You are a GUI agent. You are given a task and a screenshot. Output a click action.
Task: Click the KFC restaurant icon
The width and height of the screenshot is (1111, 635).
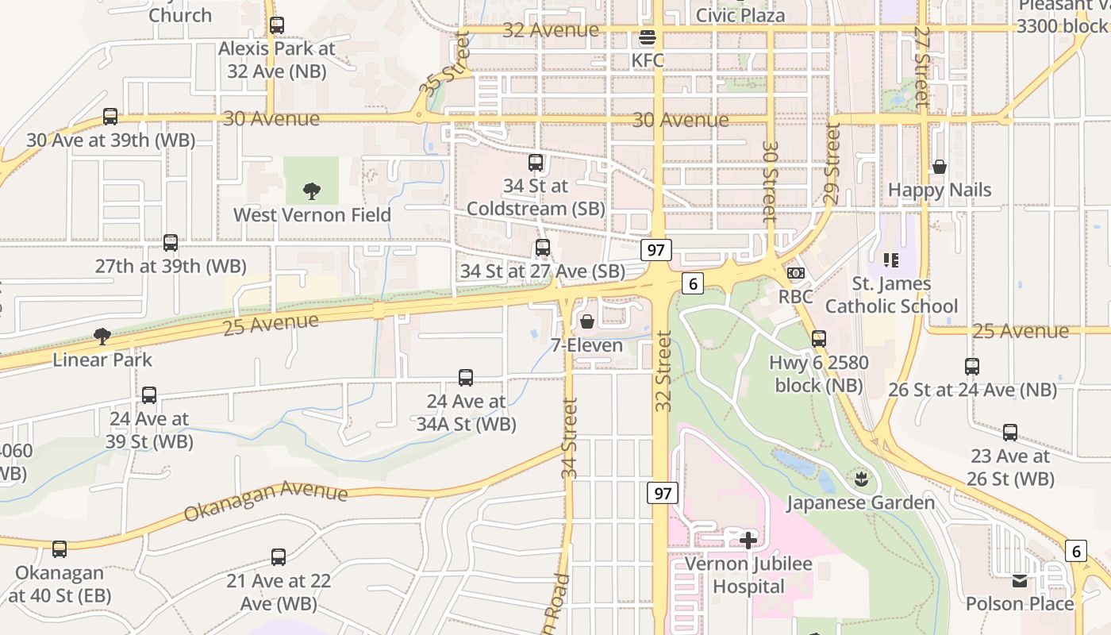coord(648,37)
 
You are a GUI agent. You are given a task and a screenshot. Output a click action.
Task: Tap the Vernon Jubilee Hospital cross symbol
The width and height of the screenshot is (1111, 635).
coord(748,541)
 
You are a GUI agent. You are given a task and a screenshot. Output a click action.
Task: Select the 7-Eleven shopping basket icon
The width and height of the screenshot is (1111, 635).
coord(587,321)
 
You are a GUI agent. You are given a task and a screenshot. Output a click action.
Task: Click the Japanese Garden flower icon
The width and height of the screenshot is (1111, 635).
coord(861,479)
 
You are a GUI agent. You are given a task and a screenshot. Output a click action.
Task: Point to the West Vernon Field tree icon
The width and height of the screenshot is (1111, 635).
coord(312,190)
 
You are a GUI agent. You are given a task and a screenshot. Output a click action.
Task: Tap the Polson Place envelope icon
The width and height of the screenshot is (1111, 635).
coord(1020,580)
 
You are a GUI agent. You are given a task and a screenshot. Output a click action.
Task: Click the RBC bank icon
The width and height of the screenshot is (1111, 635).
coord(795,273)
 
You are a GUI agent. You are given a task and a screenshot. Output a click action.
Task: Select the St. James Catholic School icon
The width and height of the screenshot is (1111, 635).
coord(891,260)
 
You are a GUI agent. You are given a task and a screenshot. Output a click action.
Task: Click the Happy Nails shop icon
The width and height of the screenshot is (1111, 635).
coord(940,167)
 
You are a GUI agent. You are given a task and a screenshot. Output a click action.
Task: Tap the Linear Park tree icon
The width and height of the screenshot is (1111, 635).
coord(102,337)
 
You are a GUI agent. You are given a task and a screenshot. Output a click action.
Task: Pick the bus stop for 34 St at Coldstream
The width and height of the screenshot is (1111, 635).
coord(536,163)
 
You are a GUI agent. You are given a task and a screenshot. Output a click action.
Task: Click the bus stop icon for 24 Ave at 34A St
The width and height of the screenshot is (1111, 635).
coord(466,378)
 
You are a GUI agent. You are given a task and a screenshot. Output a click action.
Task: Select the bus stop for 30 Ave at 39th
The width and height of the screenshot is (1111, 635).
coord(110,117)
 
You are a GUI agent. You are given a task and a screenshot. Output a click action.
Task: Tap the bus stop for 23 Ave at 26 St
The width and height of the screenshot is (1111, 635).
coord(1010,433)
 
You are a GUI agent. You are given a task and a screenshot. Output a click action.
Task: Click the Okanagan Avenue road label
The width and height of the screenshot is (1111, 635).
coord(266,502)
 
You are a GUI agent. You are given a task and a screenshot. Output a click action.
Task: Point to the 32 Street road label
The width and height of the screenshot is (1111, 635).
coord(664,371)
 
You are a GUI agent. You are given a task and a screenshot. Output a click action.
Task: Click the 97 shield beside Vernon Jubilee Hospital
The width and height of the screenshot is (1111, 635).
coord(663,493)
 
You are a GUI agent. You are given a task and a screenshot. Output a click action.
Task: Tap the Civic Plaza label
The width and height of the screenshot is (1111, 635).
coord(740,15)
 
